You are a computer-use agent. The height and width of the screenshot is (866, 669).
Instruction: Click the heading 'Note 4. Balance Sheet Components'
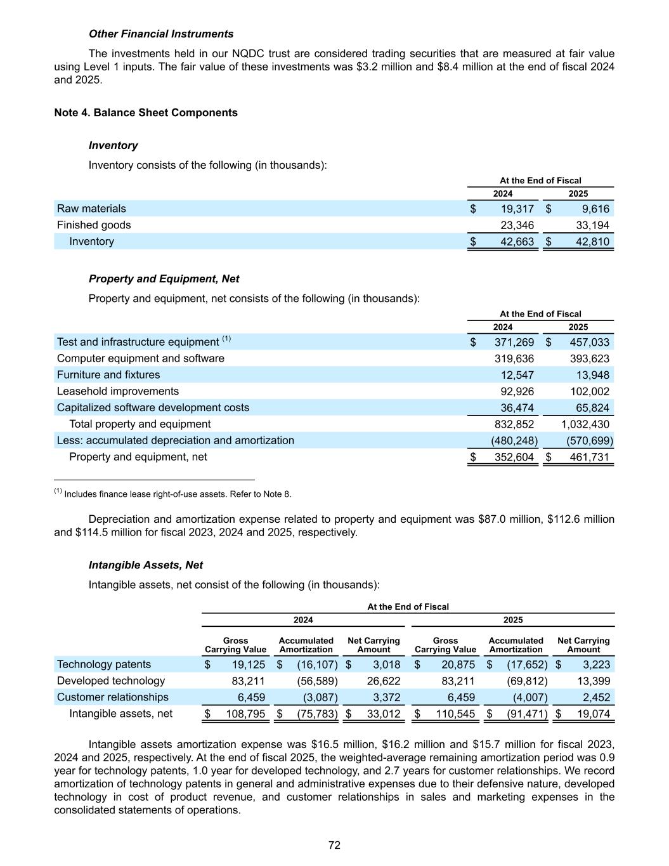pyautogui.click(x=146, y=113)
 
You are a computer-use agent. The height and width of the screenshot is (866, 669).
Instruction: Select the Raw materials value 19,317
pyautogui.click(x=514, y=209)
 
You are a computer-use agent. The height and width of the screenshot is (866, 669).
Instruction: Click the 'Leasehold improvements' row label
pyautogui.click(x=118, y=391)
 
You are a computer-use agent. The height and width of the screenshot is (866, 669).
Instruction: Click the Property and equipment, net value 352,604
pyautogui.click(x=514, y=457)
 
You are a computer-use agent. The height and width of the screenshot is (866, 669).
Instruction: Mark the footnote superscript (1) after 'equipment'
pyautogui.click(x=226, y=339)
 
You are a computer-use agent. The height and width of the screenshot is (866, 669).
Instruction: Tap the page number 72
pyautogui.click(x=335, y=845)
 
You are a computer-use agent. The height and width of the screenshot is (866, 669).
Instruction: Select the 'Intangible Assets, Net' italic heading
pyautogui.click(x=146, y=565)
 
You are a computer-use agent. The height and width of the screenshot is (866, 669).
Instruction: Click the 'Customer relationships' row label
pyautogui.click(x=113, y=697)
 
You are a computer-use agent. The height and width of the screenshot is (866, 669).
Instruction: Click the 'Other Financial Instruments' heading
pyautogui.click(x=161, y=34)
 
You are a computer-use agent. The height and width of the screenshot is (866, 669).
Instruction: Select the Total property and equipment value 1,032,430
pyautogui.click(x=585, y=424)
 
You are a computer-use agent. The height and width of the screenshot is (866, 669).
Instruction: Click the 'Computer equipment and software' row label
pyautogui.click(x=141, y=358)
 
